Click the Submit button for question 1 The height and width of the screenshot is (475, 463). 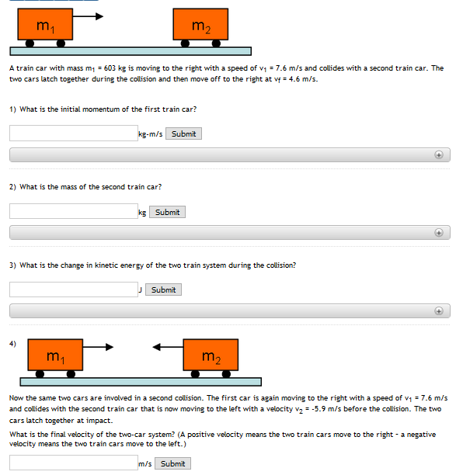tap(183, 133)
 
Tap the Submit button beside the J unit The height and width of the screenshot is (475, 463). tap(163, 290)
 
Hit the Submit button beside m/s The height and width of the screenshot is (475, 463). tap(172, 463)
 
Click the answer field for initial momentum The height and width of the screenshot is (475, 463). tap(73, 133)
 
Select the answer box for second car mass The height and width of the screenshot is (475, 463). tap(73, 211)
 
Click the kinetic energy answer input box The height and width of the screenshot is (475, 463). tap(73, 290)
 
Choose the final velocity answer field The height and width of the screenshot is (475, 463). tap(73, 463)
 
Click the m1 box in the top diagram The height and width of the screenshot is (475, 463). tap(46, 25)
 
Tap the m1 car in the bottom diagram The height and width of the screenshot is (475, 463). tap(56, 355)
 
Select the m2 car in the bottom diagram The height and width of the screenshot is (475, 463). tap(211, 355)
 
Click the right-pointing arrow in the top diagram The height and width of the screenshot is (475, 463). tap(89, 16)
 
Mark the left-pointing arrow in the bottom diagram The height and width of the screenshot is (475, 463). tap(167, 346)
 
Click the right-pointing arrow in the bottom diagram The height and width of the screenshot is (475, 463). tap(99, 346)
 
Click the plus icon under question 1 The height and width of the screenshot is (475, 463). tap(439, 154)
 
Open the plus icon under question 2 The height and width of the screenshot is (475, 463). tap(439, 232)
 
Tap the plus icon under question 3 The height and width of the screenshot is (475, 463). tap(439, 310)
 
